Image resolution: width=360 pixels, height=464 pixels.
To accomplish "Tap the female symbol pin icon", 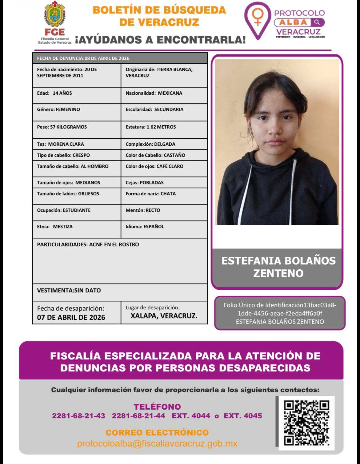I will pyautogui.click(x=258, y=17).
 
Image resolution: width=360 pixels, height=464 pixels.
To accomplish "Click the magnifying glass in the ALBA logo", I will pyautogui.click(x=317, y=22).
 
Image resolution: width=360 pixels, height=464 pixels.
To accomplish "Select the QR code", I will pyautogui.click(x=306, y=423).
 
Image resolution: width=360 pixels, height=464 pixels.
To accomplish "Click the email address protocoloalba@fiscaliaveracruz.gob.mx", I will pyautogui.click(x=157, y=444).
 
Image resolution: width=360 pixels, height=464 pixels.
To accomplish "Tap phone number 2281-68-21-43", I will pyautogui.click(x=78, y=416).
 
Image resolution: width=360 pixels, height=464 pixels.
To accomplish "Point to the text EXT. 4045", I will pyautogui.click(x=243, y=416).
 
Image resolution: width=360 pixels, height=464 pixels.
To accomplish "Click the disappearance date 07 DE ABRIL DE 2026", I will pyautogui.click(x=71, y=317).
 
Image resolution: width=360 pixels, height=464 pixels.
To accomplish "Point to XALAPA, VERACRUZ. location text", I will pyautogui.click(x=164, y=316).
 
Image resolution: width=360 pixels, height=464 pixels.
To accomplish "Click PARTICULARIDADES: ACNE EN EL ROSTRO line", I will pyautogui.click(x=88, y=245).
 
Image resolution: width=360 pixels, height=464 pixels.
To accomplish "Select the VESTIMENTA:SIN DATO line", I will pyautogui.click(x=69, y=291).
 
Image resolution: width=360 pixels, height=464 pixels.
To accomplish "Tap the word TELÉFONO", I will pyautogui.click(x=157, y=407).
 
